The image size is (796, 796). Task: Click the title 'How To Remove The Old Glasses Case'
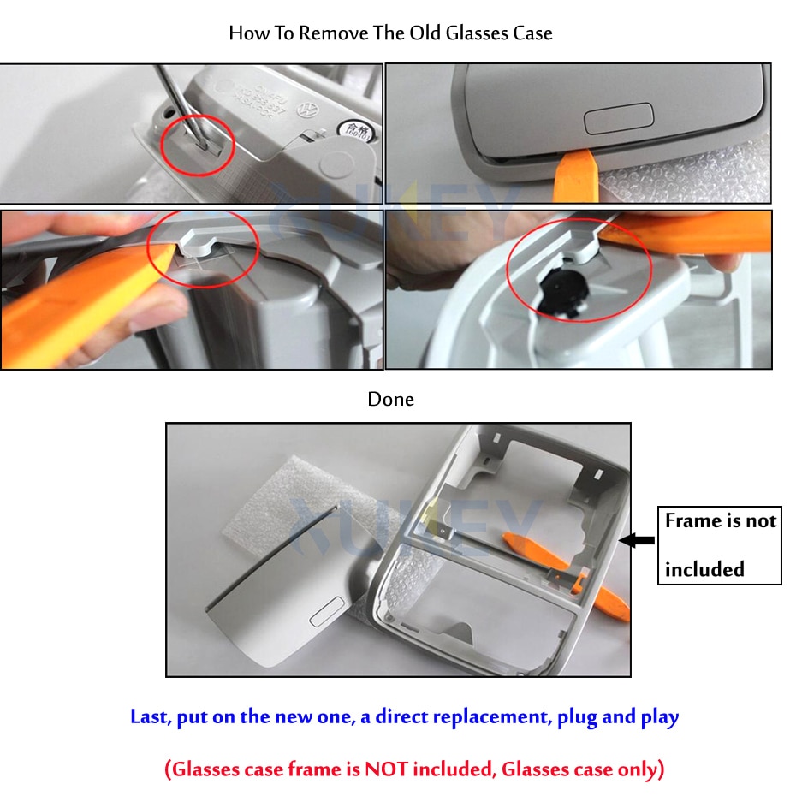click(390, 33)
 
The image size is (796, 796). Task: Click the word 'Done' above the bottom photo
click(390, 399)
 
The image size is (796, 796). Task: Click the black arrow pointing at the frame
click(637, 540)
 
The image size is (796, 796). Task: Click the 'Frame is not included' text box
click(719, 545)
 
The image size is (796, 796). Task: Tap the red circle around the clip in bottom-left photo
click(203, 251)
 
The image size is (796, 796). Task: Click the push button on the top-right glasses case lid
click(618, 117)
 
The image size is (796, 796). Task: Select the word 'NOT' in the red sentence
click(386, 769)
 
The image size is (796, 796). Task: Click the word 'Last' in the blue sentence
click(150, 716)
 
